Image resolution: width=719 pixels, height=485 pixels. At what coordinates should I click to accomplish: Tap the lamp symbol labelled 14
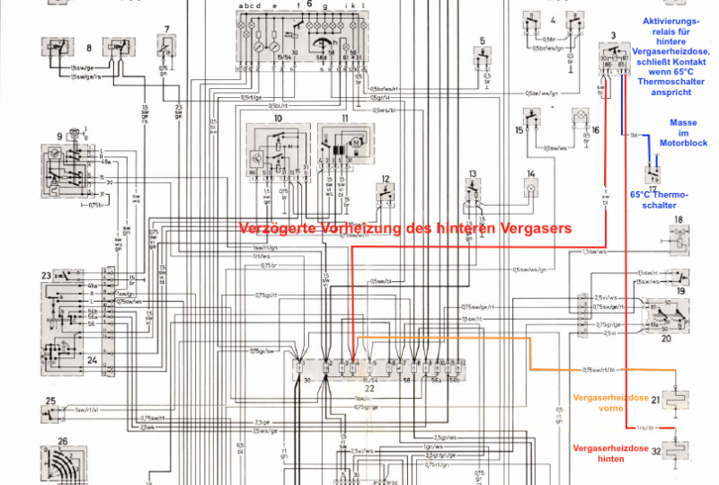coord(531,190)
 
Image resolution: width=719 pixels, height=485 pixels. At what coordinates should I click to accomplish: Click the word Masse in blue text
coord(683,123)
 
